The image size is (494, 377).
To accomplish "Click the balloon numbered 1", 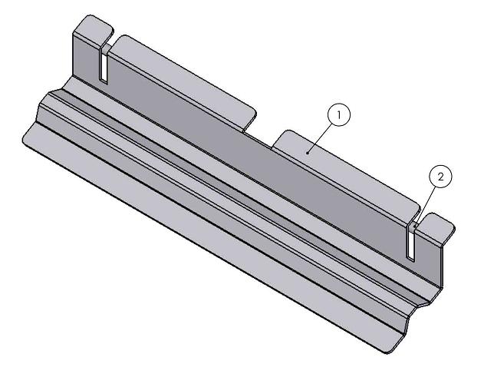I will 338,115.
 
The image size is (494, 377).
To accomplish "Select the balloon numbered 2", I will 440,177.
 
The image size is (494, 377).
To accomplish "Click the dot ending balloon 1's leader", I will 308,152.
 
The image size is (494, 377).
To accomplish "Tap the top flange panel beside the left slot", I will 184,77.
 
